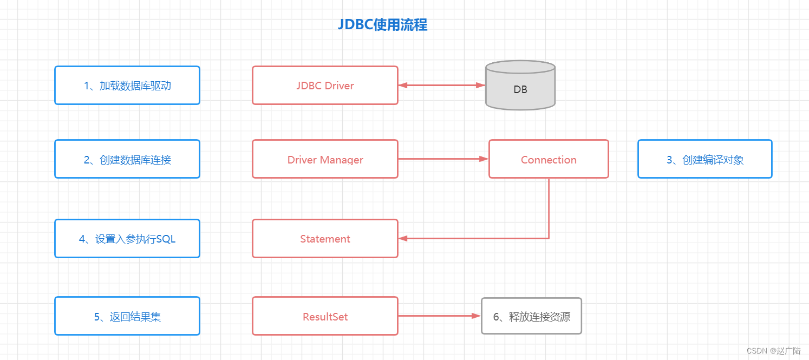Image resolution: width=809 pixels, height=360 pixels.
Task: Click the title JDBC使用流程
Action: tap(382, 25)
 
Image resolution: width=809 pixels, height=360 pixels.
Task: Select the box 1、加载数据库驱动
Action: tap(127, 86)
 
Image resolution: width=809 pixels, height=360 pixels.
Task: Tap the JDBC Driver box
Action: tap(325, 86)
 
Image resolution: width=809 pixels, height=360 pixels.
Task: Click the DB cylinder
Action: tap(520, 87)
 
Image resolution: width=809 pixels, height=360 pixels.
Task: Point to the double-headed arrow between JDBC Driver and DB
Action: tap(442, 85)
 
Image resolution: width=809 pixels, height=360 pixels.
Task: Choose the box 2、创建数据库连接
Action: tap(127, 159)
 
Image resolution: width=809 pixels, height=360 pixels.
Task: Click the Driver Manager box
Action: tap(325, 159)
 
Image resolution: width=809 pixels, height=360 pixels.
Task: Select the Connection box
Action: tap(549, 159)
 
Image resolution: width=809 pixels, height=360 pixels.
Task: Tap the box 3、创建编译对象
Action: tap(704, 159)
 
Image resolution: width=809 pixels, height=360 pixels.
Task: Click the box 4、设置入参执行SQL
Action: tap(127, 239)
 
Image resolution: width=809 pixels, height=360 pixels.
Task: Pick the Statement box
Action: tap(325, 239)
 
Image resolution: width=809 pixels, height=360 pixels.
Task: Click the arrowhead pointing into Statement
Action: tap(403, 238)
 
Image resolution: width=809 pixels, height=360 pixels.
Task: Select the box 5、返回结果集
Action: tap(127, 317)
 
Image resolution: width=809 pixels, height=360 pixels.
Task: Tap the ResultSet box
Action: tap(325, 317)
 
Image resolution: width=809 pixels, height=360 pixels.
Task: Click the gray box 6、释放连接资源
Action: tap(531, 317)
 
